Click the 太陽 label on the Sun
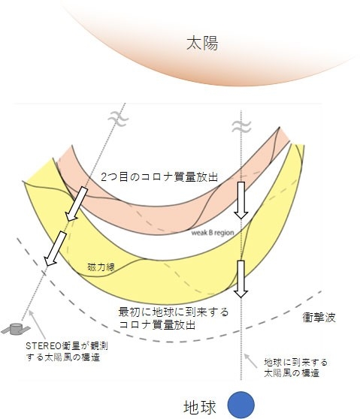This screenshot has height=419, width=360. [202, 44]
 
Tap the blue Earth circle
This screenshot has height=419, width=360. [241, 405]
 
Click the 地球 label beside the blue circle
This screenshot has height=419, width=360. [199, 408]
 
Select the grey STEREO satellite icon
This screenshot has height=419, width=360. [14, 329]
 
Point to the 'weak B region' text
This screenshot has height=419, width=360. [213, 233]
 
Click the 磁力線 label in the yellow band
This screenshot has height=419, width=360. [101, 267]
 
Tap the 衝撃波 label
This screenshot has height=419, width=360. [319, 318]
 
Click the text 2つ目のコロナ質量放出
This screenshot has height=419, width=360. [159, 177]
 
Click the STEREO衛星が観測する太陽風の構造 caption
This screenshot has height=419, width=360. [67, 351]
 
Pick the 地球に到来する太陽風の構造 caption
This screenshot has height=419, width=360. [296, 368]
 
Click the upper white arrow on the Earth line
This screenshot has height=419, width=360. [241, 200]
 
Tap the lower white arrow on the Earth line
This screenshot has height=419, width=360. [241, 279]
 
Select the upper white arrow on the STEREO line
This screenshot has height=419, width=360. [77, 203]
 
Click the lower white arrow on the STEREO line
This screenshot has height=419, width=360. [55, 249]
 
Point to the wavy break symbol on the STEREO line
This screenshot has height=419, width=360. [118, 119]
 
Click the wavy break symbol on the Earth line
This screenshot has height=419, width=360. [241, 127]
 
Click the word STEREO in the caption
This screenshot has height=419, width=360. [44, 346]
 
